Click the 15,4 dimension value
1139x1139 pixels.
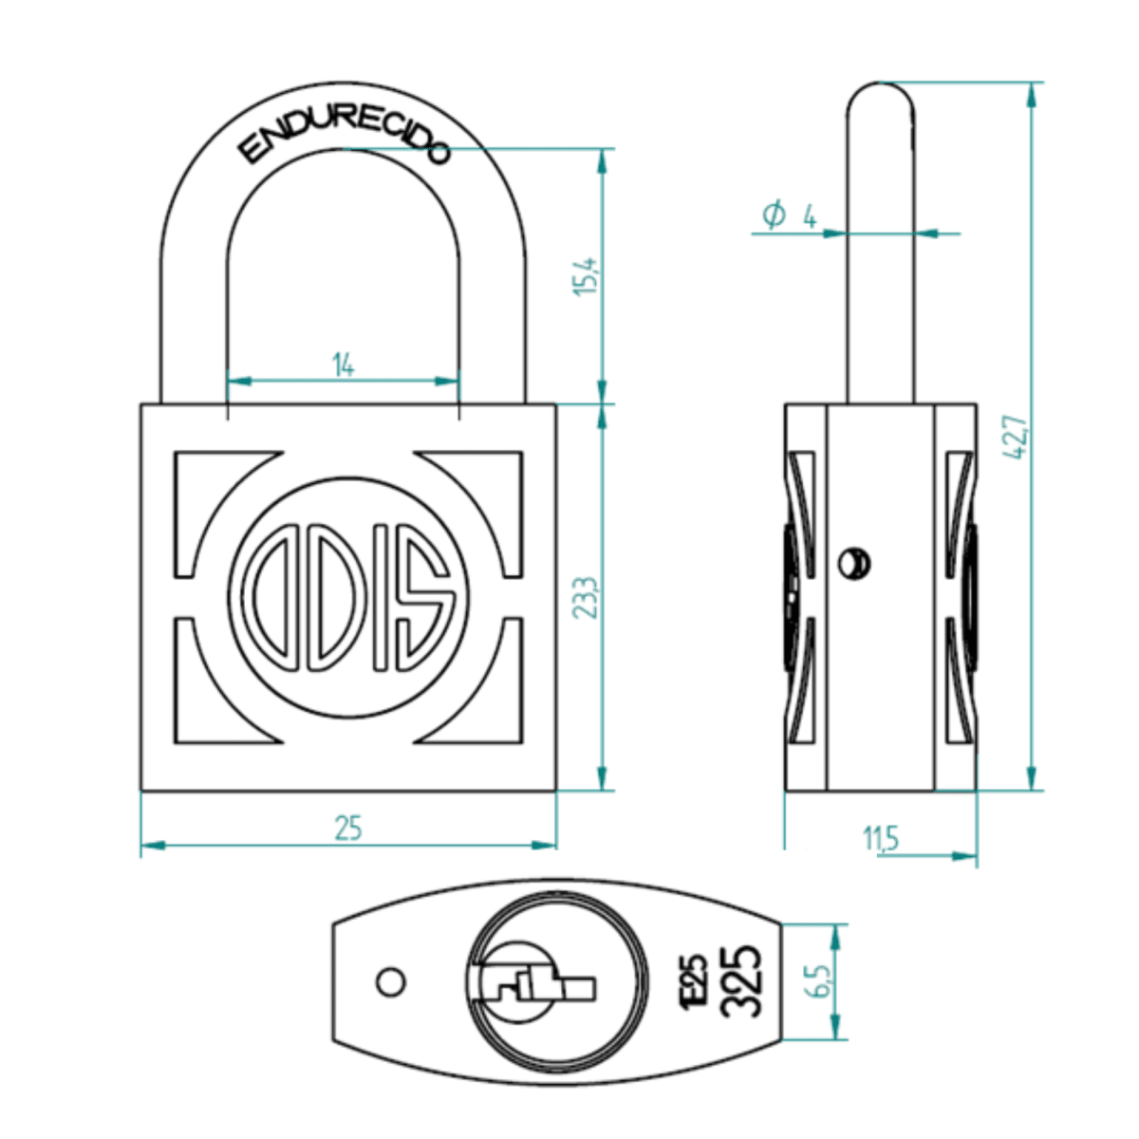(588, 276)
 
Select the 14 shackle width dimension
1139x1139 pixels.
(343, 364)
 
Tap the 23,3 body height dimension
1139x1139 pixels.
(588, 597)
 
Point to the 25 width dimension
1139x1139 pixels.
(348, 828)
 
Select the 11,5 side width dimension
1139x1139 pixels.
(881, 839)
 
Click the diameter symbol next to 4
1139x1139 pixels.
(774, 215)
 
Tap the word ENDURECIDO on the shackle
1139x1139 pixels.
(344, 142)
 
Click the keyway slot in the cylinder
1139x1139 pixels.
(536, 987)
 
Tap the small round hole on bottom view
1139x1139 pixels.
(390, 981)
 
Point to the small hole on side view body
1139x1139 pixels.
(853, 563)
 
